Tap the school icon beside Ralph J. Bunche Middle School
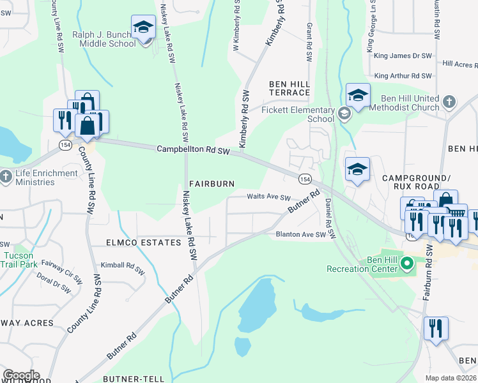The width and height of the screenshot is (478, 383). tap(143, 27)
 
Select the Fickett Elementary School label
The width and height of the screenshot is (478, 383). tap(298, 114)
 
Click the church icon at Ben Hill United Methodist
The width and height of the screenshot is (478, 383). tap(449, 101)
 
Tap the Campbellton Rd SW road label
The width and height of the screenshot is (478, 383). tap(193, 149)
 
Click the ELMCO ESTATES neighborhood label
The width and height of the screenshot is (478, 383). tap(144, 243)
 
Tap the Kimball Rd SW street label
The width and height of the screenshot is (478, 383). tap(123, 266)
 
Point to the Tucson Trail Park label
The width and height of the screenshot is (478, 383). tap(20, 259)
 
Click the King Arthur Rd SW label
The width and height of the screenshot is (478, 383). tap(403, 75)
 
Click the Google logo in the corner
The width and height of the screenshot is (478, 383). tap(20, 375)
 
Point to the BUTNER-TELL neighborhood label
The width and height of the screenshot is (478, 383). tap(133, 379)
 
